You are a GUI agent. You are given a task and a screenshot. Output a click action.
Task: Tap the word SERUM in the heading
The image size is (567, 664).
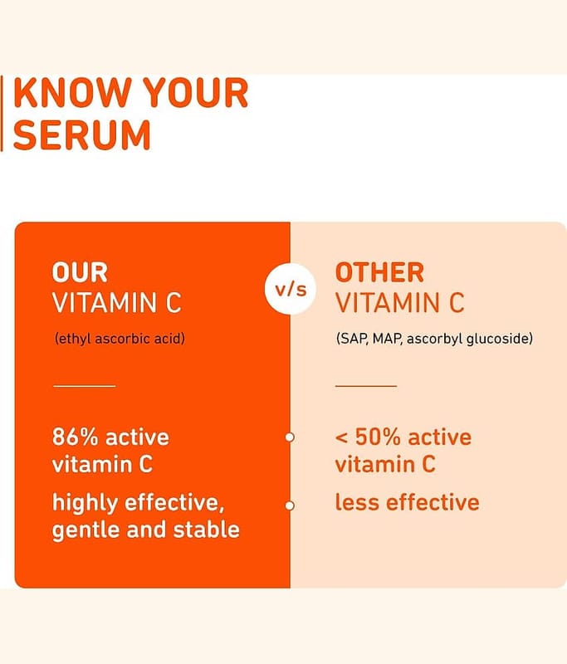click(82, 134)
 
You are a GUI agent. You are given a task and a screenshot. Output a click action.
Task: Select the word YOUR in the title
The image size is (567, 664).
click(195, 93)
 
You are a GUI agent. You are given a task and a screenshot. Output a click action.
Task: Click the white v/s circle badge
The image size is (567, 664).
click(291, 289)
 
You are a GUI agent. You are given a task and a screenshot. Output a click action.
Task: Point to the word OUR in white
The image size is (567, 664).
click(80, 272)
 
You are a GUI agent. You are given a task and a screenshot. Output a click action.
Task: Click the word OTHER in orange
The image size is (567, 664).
click(379, 272)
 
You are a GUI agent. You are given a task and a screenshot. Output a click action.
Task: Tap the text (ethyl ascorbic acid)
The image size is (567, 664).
click(120, 339)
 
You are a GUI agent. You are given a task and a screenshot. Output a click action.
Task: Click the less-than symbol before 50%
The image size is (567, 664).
click(341, 438)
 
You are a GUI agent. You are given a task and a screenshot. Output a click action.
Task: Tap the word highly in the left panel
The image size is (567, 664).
click(86, 503)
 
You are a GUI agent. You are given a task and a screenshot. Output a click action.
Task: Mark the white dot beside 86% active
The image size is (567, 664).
click(290, 437)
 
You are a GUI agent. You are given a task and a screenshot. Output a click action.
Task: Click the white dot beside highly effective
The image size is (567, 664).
click(290, 505)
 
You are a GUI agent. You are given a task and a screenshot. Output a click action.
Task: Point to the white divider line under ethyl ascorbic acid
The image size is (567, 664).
click(85, 386)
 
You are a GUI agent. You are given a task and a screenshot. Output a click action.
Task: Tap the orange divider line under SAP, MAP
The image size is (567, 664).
click(366, 386)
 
